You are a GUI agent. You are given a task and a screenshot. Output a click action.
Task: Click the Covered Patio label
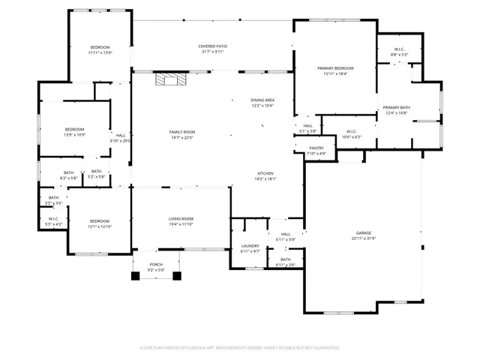[x=213, y=46]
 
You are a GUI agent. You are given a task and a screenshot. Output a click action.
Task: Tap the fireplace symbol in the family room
[x=168, y=79]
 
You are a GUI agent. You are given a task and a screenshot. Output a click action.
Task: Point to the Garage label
[x=362, y=235]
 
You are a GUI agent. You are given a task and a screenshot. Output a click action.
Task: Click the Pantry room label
[x=316, y=148]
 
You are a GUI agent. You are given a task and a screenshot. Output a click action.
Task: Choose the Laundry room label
[x=250, y=246]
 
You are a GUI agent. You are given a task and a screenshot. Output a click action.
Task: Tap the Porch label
[x=156, y=265]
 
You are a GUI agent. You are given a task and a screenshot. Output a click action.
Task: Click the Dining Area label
[x=262, y=100]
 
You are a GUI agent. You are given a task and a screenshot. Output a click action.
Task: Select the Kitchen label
[x=266, y=173]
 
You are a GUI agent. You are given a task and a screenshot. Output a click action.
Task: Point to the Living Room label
[x=181, y=218]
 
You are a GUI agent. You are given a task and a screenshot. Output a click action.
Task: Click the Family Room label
[x=181, y=132]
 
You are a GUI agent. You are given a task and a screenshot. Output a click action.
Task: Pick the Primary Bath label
[x=396, y=108]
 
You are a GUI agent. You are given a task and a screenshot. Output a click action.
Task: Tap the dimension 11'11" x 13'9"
[x=100, y=52]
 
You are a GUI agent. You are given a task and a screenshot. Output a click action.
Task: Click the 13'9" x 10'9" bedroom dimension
[x=74, y=134]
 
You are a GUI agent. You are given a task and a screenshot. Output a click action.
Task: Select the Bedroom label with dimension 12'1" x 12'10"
[x=100, y=220]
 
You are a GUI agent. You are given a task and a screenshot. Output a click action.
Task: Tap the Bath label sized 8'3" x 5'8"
[x=68, y=173]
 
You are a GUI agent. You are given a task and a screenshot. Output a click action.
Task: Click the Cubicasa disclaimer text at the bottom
[x=240, y=348]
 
